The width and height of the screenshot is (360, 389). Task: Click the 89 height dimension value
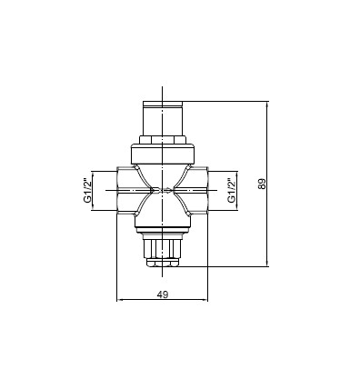pos(262,184)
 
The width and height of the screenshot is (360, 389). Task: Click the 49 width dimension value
pos(163,294)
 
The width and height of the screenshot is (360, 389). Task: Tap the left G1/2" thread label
pos(87,191)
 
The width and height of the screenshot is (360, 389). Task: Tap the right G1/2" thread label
pos(231,191)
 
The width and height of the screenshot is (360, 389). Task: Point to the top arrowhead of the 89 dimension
pos(267,105)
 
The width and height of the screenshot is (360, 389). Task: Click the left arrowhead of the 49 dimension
pos(120,301)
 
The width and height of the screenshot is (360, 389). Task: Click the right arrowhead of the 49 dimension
pos(205,301)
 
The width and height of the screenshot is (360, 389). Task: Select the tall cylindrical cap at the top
pos(163,119)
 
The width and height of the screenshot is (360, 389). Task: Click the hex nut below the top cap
pos(163,141)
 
